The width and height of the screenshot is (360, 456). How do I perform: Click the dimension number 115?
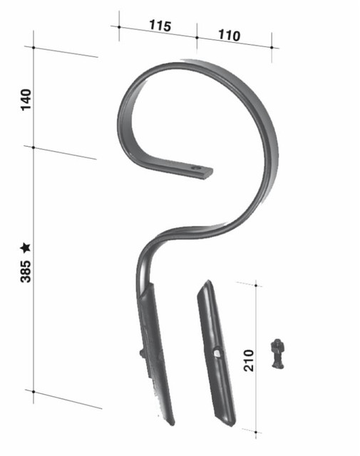[x=160, y=26]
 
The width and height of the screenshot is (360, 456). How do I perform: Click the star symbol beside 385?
[x=26, y=247]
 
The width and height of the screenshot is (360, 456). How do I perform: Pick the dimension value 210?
[x=248, y=359]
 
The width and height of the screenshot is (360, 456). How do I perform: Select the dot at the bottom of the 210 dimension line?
[x=255, y=430]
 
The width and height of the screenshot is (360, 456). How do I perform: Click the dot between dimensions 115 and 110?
[x=197, y=36]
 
